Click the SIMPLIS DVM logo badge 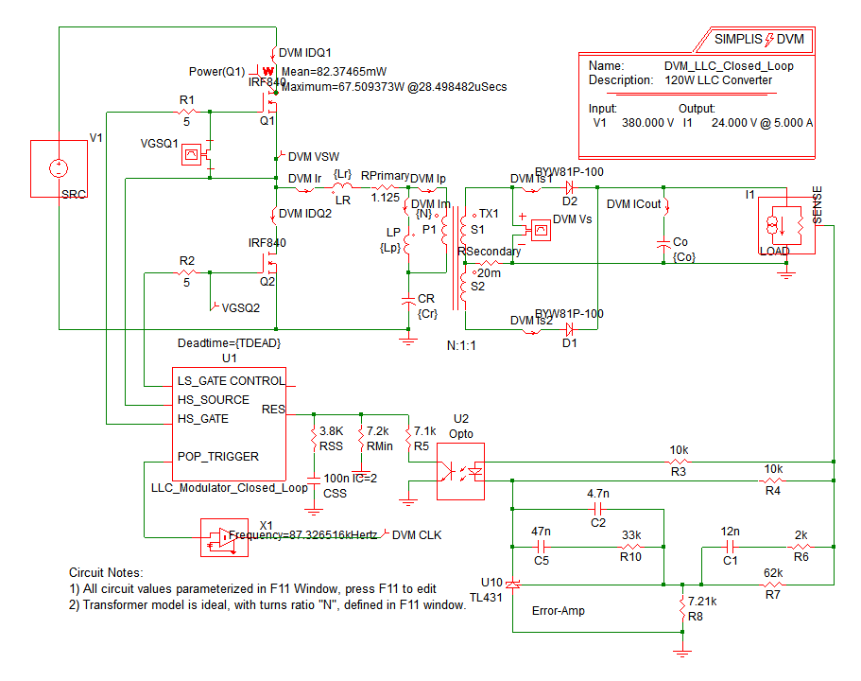point(759,39)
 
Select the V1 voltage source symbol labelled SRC point(58,169)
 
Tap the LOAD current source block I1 point(786,227)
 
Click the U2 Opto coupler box point(460,471)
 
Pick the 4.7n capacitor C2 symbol point(597,507)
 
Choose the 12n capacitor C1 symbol point(730,547)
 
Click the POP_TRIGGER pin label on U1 point(217,456)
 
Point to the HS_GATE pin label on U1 point(202,417)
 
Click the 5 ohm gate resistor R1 point(185,112)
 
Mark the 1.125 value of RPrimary point(384,197)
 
